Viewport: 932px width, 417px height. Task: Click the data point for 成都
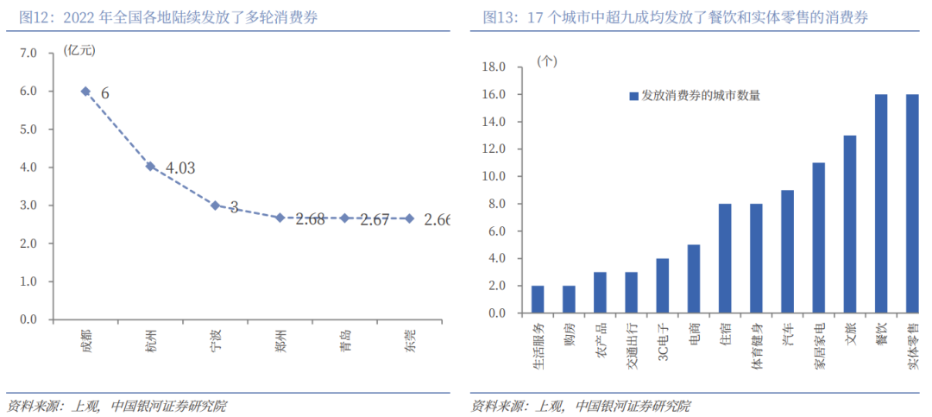click(85, 91)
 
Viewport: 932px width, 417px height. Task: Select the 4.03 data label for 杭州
click(179, 168)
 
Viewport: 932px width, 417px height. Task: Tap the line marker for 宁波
click(215, 205)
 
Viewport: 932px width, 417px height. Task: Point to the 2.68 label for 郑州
click(309, 219)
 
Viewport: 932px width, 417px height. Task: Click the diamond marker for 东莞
click(409, 218)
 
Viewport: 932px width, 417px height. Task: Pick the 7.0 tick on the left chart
click(28, 53)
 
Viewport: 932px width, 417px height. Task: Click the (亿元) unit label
click(79, 49)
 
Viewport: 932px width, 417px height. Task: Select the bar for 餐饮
click(881, 204)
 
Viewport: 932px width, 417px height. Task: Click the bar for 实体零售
click(912, 204)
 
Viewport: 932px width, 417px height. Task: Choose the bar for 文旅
click(850, 224)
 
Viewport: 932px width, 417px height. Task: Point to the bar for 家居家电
click(819, 238)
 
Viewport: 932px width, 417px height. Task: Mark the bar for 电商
click(694, 279)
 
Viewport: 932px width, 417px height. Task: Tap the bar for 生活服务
click(538, 300)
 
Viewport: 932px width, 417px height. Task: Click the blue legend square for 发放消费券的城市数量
click(633, 96)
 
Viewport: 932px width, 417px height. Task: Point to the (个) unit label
click(547, 61)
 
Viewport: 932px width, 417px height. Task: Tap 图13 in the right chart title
click(498, 17)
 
